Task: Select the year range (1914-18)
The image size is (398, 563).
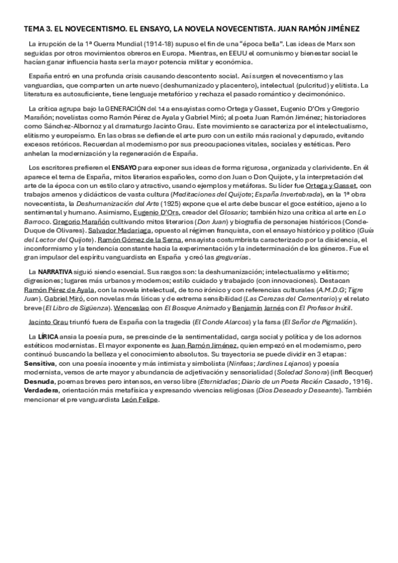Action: pos(143,44)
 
